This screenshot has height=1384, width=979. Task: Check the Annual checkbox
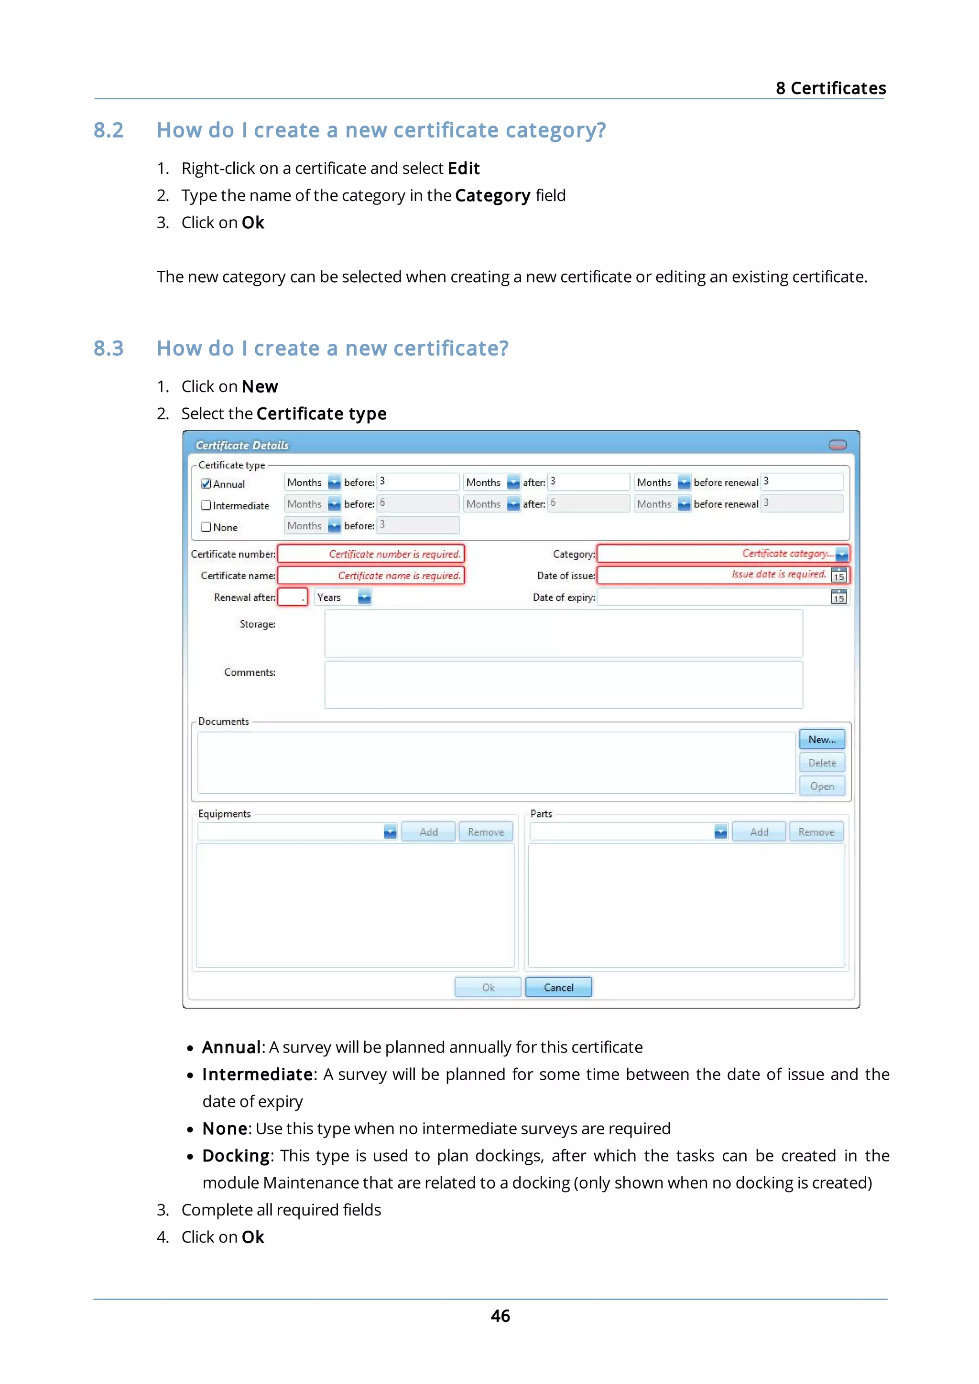(x=206, y=483)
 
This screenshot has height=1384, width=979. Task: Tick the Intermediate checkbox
(x=206, y=505)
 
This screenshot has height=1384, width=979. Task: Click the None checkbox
(x=206, y=527)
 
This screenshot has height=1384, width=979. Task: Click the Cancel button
(x=558, y=987)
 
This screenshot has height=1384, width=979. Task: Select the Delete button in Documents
(x=822, y=763)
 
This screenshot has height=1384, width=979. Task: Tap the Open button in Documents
(x=822, y=786)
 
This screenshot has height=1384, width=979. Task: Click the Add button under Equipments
(x=428, y=832)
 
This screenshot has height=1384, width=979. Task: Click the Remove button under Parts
(x=816, y=832)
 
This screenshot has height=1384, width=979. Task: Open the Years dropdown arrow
(x=364, y=597)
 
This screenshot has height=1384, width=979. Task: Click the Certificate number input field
(x=370, y=554)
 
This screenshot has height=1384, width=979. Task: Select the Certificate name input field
(x=370, y=575)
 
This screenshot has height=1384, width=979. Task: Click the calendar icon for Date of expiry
(x=838, y=597)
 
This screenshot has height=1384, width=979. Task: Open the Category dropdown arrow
(x=842, y=554)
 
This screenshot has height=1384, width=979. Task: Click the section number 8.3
(x=109, y=349)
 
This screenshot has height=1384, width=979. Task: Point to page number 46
(x=500, y=1315)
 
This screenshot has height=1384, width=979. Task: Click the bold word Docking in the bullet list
(x=236, y=1156)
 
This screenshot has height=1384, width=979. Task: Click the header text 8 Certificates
(x=831, y=88)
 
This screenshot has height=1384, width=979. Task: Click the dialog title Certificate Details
(x=242, y=446)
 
